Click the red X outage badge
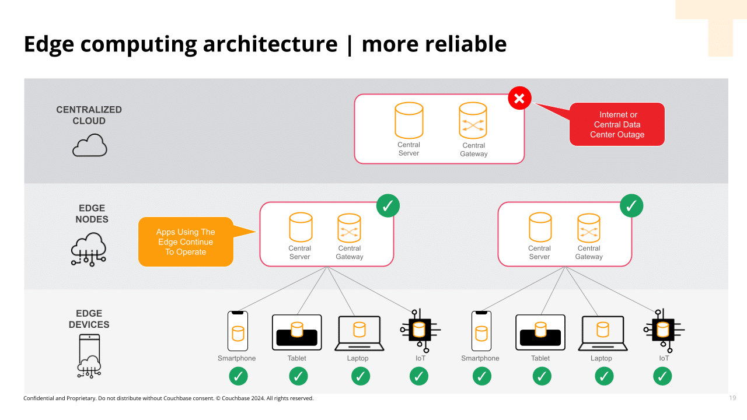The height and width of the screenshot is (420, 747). [x=519, y=98]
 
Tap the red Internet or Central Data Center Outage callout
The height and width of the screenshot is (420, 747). [x=617, y=124]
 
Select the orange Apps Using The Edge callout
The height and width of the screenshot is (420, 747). [x=186, y=242]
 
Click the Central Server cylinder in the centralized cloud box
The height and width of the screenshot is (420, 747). [x=409, y=121]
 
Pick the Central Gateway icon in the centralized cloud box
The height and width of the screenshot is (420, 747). [x=473, y=121]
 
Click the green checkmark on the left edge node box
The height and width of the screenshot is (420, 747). [x=388, y=205]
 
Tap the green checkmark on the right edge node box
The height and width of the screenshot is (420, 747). [x=631, y=205]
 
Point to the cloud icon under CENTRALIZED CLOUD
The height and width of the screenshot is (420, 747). [x=89, y=145]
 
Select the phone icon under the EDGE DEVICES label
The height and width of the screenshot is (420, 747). [x=89, y=356]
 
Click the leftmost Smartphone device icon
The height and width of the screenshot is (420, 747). [x=238, y=331]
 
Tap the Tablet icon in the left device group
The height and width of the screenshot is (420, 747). [x=297, y=332]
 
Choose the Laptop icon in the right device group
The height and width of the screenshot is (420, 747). [x=602, y=333]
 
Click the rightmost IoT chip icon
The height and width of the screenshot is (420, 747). [x=663, y=331]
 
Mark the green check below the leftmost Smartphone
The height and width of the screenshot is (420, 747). [x=238, y=377]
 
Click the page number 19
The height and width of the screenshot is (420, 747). [x=732, y=398]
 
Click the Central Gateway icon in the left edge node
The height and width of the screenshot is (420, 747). [x=349, y=228]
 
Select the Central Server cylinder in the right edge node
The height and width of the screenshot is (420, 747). [x=540, y=228]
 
